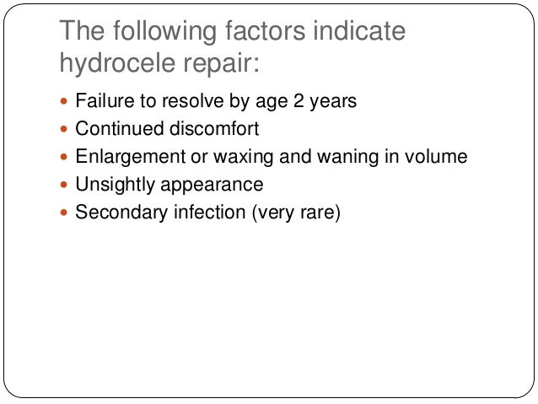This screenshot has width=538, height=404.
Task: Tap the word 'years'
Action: [335, 102]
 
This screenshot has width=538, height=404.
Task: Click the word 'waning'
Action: [329, 157]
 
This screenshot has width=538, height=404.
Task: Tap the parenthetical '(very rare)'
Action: [295, 213]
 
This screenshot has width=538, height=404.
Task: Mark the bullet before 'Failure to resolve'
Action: [66, 102]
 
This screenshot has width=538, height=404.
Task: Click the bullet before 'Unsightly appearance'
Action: [66, 185]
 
